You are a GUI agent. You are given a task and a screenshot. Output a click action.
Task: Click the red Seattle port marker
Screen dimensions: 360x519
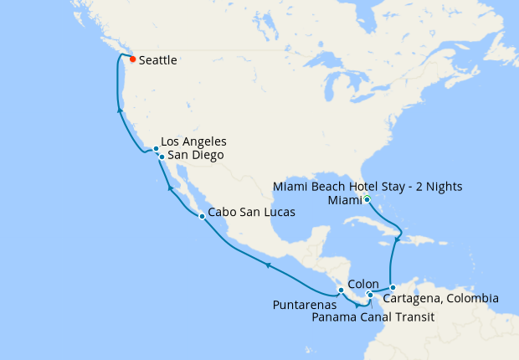(132, 59)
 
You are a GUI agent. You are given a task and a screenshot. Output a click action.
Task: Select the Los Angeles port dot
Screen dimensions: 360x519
(157, 149)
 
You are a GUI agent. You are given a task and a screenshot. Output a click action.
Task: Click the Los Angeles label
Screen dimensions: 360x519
(193, 141)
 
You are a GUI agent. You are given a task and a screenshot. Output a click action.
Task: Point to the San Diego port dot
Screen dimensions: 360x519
(161, 156)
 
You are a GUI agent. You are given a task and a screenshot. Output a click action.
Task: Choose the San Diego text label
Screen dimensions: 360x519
(195, 155)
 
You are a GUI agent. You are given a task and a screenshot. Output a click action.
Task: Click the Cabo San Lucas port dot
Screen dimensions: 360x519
(202, 217)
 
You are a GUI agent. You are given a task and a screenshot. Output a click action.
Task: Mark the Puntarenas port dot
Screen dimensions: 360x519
(341, 291)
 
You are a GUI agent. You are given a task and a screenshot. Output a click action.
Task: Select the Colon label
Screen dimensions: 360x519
(363, 284)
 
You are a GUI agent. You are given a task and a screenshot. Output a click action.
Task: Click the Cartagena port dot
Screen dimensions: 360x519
(393, 288)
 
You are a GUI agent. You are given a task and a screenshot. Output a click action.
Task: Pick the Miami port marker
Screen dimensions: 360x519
(367, 198)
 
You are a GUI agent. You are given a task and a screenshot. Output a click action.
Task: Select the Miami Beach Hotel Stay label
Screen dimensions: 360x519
(368, 185)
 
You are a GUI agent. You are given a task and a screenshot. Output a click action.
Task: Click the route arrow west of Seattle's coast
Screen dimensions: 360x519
(120, 110)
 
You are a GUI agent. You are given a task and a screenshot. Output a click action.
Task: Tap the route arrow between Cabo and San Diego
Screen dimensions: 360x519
(171, 188)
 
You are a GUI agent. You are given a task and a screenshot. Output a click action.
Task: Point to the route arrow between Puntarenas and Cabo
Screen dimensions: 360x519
(268, 265)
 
